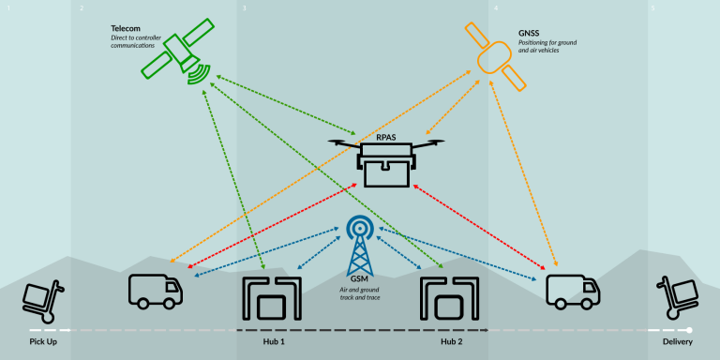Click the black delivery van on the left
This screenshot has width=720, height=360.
click(155, 290)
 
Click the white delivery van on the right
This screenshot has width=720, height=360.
click(572, 290)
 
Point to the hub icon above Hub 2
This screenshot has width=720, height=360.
click(451, 298)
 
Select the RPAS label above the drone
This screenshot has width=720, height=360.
click(386, 137)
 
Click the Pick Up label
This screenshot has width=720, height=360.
click(43, 342)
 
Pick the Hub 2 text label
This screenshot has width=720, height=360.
click(451, 342)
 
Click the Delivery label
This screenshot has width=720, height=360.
click(677, 342)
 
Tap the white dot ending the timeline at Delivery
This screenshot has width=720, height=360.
click(689, 330)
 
